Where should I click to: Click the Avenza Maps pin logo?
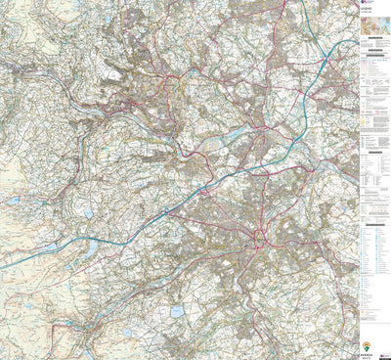point(367,345)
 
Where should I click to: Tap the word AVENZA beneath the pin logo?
point(367,353)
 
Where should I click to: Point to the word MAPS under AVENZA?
point(367,356)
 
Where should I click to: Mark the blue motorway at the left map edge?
point(3,266)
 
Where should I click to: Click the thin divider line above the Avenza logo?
point(369,333)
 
